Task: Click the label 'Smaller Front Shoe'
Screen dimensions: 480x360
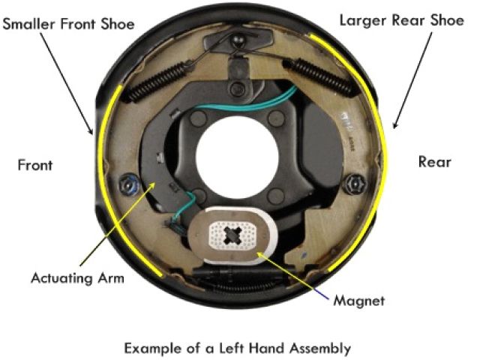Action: click(68, 24)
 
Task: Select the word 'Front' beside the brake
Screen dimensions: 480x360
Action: click(35, 164)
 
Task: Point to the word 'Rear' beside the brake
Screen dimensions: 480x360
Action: click(434, 161)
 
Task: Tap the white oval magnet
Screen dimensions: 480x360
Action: click(234, 236)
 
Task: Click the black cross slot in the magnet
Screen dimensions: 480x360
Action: click(235, 237)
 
